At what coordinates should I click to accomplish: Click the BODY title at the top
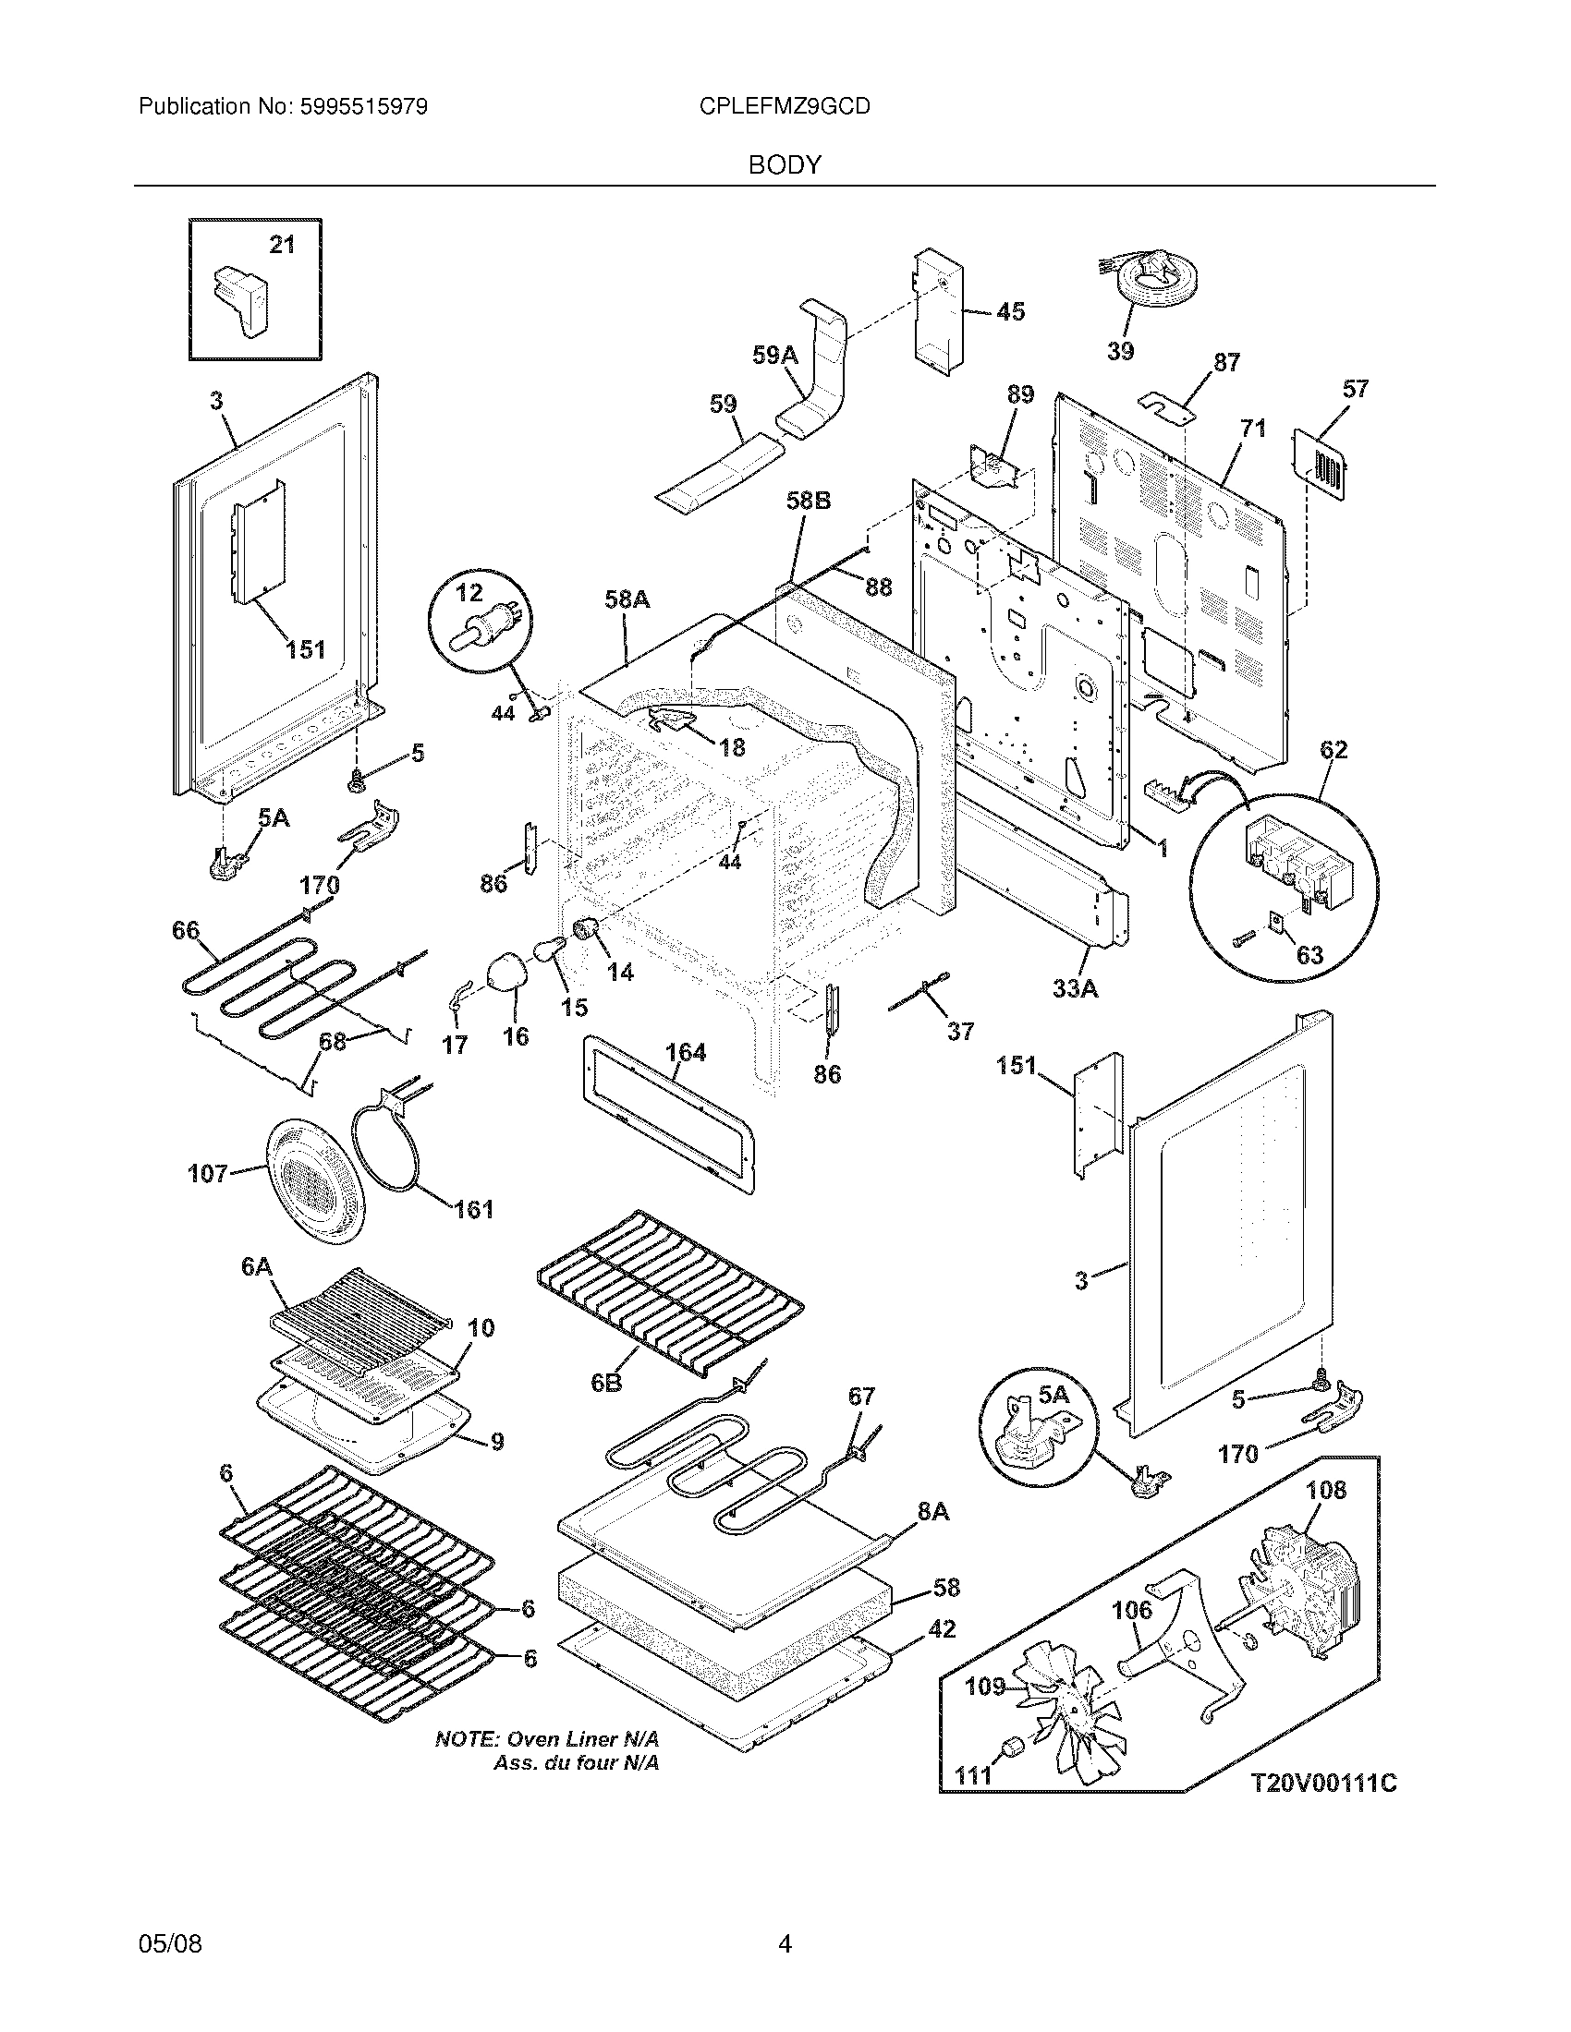point(785,165)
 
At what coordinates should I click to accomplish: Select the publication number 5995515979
point(364,107)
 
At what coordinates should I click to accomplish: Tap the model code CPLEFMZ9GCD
point(785,107)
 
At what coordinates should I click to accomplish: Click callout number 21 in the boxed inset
point(282,245)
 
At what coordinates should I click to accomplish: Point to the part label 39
point(1121,352)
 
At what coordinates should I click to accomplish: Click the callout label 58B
point(808,502)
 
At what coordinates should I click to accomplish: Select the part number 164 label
point(686,1053)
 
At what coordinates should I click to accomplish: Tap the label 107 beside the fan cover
point(208,1173)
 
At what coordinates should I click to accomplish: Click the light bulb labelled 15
point(550,949)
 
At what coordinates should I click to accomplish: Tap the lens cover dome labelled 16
point(506,972)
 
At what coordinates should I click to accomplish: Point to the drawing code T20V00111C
point(1322,1784)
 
